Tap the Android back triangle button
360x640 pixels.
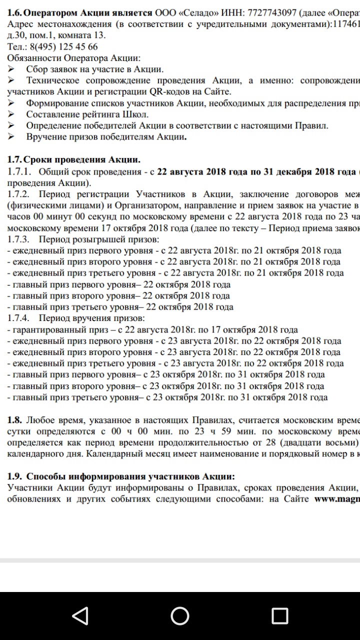[80, 615]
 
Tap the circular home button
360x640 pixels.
[180, 615]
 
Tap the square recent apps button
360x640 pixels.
[279, 615]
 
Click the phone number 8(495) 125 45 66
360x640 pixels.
[63, 46]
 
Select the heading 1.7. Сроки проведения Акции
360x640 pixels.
[74, 160]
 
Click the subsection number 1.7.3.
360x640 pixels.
[18, 239]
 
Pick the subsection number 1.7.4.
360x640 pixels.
[18, 318]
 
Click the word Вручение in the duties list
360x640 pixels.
[45, 137]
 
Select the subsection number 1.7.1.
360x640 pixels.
[18, 172]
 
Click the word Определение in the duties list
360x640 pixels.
[52, 125]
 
